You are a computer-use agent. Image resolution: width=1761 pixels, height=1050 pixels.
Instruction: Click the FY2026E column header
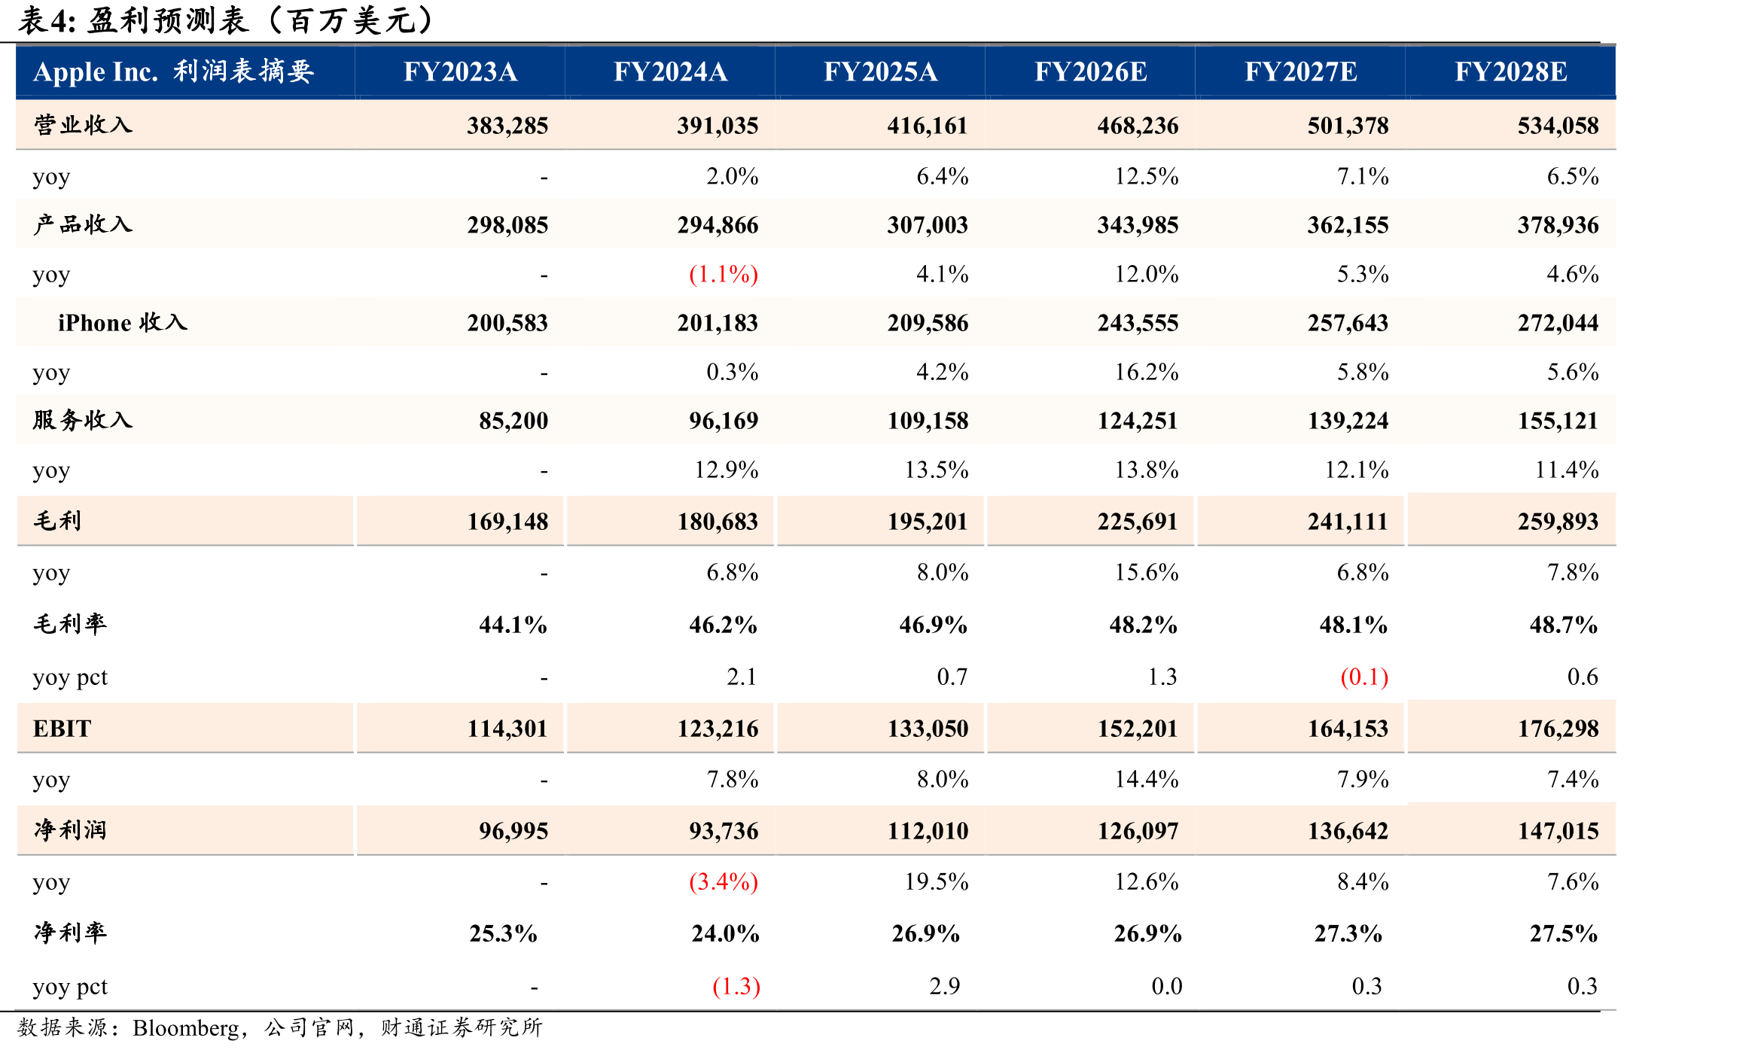click(1090, 72)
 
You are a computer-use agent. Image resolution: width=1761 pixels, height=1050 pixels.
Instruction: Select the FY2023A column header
click(460, 72)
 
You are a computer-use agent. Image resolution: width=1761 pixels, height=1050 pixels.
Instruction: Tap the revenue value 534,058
click(1558, 126)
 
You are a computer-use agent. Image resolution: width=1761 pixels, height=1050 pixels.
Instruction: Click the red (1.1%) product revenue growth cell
click(724, 274)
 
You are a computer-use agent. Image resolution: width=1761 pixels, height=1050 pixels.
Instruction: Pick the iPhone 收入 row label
click(123, 323)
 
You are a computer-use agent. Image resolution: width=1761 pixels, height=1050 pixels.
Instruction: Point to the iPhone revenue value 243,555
click(1138, 323)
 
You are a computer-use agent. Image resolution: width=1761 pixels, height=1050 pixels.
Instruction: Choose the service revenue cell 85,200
click(513, 421)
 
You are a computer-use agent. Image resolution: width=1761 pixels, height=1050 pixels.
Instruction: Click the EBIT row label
click(62, 729)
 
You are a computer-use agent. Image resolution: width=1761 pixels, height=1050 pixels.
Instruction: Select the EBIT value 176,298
click(1558, 729)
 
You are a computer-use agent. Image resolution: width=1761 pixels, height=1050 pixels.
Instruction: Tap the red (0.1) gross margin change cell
click(1364, 677)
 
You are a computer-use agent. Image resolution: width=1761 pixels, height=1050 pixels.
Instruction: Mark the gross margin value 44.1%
click(513, 625)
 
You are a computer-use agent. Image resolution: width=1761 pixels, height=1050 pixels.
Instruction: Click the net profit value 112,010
click(928, 831)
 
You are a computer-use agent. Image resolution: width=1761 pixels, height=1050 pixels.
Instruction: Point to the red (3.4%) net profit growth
click(724, 881)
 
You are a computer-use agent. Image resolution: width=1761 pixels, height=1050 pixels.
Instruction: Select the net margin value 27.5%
click(1564, 933)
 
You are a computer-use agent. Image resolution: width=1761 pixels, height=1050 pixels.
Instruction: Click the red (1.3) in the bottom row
click(736, 986)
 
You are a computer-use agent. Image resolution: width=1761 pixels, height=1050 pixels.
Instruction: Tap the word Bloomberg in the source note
click(186, 1028)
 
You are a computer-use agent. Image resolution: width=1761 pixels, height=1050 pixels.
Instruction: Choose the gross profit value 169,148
click(507, 522)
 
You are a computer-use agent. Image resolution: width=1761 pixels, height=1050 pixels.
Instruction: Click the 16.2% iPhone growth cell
click(1147, 372)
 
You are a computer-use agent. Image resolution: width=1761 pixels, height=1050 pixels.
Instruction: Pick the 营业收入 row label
click(83, 125)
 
